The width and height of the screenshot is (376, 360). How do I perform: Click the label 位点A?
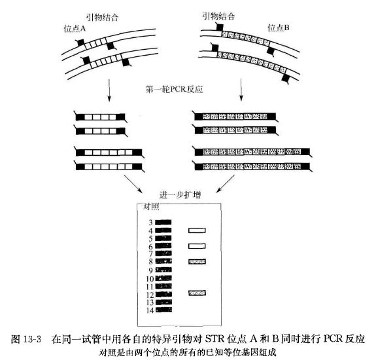point(75,29)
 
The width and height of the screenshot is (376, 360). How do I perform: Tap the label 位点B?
point(279,28)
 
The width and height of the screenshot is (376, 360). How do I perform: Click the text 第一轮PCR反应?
point(175,89)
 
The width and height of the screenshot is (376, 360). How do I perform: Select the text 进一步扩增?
point(180,195)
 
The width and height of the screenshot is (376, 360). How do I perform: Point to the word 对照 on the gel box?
point(151,206)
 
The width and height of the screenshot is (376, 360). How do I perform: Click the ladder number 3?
point(150,223)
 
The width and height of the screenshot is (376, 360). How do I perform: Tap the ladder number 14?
point(150,310)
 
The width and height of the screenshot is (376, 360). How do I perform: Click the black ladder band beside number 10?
point(163,278)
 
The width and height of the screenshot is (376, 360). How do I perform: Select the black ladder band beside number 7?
point(163,253)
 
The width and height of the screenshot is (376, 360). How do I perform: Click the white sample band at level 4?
point(197,230)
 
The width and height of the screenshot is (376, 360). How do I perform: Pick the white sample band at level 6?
point(197,246)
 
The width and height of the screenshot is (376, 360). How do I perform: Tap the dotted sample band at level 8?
point(197,261)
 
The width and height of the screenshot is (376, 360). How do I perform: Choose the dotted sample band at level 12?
point(197,293)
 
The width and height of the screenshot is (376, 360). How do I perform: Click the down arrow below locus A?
point(109,90)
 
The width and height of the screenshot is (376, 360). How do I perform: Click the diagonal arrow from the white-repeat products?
point(133,184)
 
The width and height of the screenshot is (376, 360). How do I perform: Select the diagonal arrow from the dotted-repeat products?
point(225,183)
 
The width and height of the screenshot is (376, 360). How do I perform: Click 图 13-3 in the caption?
point(26,339)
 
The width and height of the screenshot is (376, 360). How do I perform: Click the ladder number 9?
point(150,270)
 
